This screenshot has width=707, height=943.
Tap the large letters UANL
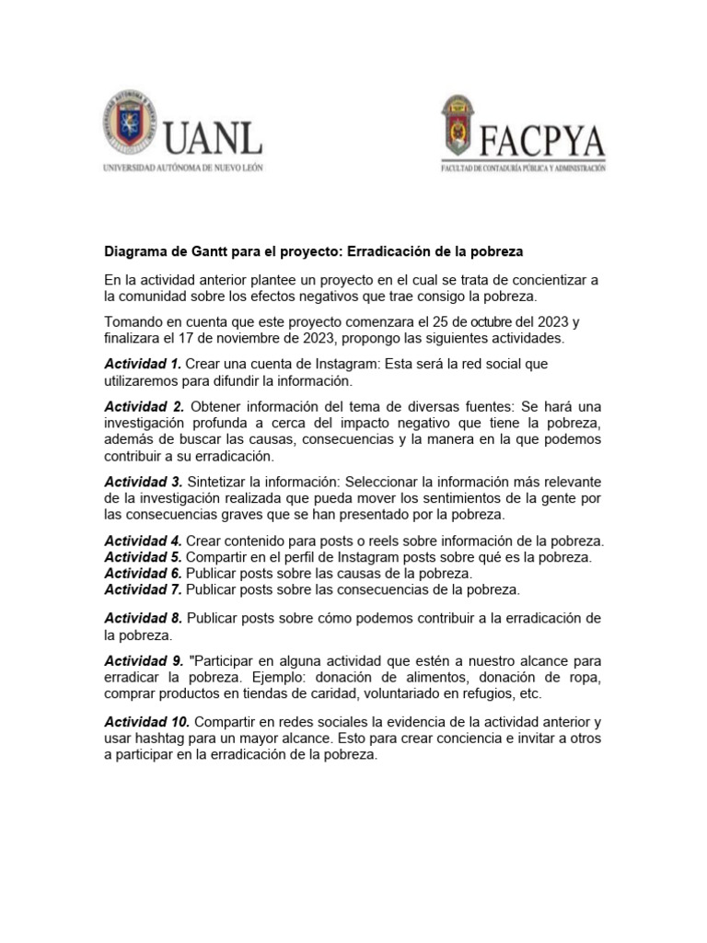tap(214, 138)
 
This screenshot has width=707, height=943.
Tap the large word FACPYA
tap(543, 142)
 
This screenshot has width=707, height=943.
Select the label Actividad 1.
tap(143, 365)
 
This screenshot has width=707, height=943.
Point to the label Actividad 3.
tap(143, 483)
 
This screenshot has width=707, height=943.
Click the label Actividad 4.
tap(143, 541)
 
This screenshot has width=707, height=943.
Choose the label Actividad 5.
tap(143, 558)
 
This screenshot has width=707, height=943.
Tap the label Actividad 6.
tap(143, 574)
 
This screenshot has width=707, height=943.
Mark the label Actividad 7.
tap(143, 589)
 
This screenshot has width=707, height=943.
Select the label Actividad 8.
tap(143, 618)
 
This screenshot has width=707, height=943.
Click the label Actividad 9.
tap(143, 661)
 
